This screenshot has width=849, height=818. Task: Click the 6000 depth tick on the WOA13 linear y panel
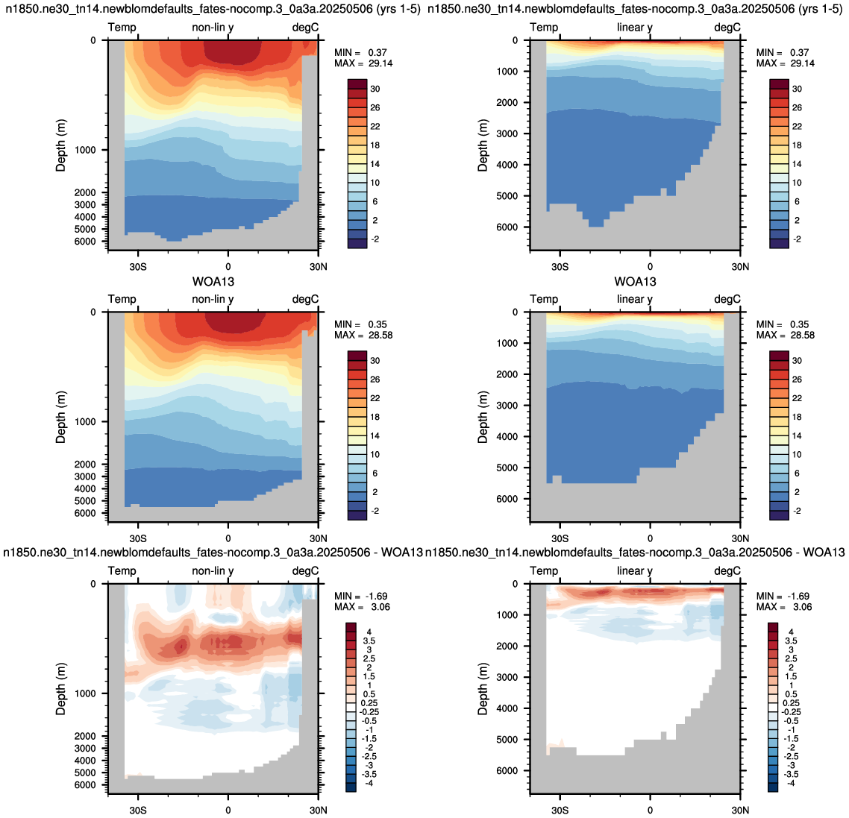click(507, 499)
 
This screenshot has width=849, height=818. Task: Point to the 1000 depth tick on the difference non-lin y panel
click(86, 693)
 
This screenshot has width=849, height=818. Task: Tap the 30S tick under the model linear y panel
click(560, 267)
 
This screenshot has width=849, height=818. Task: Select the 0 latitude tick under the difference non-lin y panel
click(228, 810)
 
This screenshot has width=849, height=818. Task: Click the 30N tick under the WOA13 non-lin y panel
click(319, 538)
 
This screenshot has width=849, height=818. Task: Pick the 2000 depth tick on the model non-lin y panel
click(86, 192)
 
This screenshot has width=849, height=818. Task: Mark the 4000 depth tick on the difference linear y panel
click(507, 708)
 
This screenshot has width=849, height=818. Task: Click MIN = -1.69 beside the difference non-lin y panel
click(360, 597)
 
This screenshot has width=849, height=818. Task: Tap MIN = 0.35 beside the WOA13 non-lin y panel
click(360, 324)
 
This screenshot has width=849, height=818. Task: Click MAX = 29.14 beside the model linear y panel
click(786, 63)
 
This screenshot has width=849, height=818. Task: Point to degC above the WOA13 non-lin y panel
click(305, 299)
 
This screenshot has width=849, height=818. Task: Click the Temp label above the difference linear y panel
click(544, 570)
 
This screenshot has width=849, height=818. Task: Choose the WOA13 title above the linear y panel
click(635, 281)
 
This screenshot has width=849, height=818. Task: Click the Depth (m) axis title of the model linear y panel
click(483, 145)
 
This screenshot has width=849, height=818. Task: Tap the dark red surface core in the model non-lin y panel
click(232, 52)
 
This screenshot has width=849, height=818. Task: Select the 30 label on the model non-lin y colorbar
click(375, 89)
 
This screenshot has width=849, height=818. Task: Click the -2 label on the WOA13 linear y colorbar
click(797, 511)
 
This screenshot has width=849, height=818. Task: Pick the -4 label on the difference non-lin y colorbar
click(369, 783)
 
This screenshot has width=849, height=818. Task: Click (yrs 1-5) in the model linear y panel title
click(819, 9)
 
